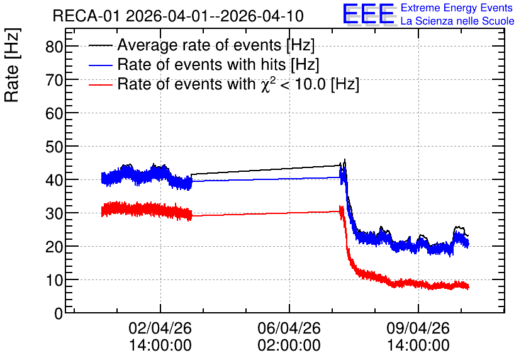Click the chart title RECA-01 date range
(178, 16)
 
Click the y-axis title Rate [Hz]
(12, 65)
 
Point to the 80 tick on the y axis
(54, 47)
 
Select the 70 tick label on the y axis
(54, 80)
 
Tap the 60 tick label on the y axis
(54, 113)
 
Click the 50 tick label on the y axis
(54, 147)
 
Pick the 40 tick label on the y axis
(54, 180)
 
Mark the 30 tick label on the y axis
(54, 213)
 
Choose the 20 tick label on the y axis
(54, 247)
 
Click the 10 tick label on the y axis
(54, 280)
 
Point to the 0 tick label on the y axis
(59, 313)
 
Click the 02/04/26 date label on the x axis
(160, 328)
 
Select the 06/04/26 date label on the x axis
(289, 328)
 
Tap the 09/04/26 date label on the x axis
(418, 328)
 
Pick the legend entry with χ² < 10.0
(238, 84)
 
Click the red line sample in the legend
(100, 85)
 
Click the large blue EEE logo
(368, 14)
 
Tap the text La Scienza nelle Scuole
(457, 21)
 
